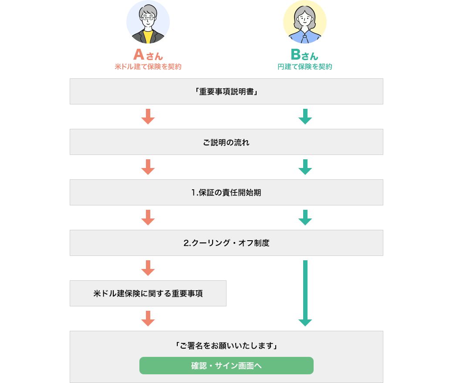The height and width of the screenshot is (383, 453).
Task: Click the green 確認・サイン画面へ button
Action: pos(226,366)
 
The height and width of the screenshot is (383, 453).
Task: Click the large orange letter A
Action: pos(139,55)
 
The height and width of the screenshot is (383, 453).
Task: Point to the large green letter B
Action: pos(296,55)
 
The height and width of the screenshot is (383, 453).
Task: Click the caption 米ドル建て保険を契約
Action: pos(148,67)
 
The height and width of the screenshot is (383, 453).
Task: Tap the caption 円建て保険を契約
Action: pos(305,67)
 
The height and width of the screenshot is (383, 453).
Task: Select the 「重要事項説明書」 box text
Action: pos(226,92)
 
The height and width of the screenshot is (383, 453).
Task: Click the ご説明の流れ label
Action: pos(226,142)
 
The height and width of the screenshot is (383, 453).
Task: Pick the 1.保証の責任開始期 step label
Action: pos(226,193)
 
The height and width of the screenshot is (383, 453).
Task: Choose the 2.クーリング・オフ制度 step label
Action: pos(226,243)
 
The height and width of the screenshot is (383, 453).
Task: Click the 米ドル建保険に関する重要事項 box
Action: pos(148,293)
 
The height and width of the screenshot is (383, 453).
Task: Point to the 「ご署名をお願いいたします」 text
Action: pos(226,346)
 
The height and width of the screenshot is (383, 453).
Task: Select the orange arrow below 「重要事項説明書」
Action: pos(148,117)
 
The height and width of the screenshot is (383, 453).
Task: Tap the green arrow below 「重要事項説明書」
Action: pos(305,117)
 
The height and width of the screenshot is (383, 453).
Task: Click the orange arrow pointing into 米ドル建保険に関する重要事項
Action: pos(148,268)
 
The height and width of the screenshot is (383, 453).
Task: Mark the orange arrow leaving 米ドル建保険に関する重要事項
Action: pos(148,319)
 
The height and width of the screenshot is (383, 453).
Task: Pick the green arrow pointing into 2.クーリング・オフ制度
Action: pos(305,218)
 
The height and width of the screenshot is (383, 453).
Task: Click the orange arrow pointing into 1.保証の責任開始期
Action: pos(148,167)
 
